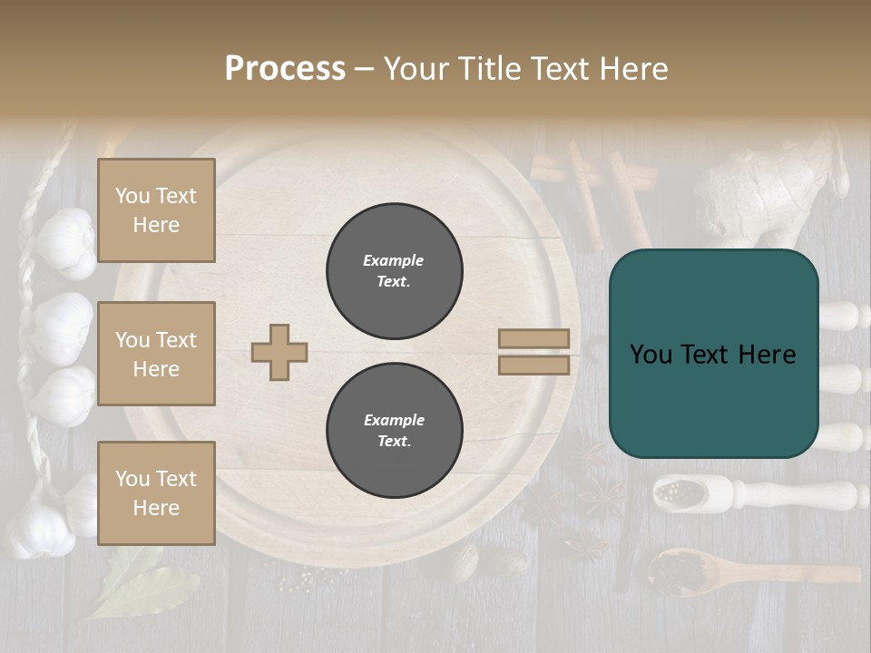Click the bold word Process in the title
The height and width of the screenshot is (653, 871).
pyautogui.click(x=285, y=69)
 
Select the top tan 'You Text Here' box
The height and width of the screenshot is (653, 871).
pyautogui.click(x=156, y=210)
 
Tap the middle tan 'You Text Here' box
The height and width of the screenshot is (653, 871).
pyautogui.click(x=156, y=354)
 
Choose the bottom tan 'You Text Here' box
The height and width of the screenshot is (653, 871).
pyautogui.click(x=156, y=493)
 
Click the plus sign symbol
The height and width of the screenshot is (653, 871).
pyautogui.click(x=279, y=352)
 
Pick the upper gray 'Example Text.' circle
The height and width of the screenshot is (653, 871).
pyautogui.click(x=394, y=271)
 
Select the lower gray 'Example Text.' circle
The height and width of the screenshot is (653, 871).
pyautogui.click(x=394, y=431)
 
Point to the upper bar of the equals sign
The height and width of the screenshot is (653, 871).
pyautogui.click(x=533, y=339)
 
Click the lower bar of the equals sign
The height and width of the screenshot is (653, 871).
pyautogui.click(x=533, y=365)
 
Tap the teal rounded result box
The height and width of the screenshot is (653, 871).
pyautogui.click(x=713, y=354)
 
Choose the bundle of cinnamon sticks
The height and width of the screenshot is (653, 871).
pyautogui.click(x=594, y=181)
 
